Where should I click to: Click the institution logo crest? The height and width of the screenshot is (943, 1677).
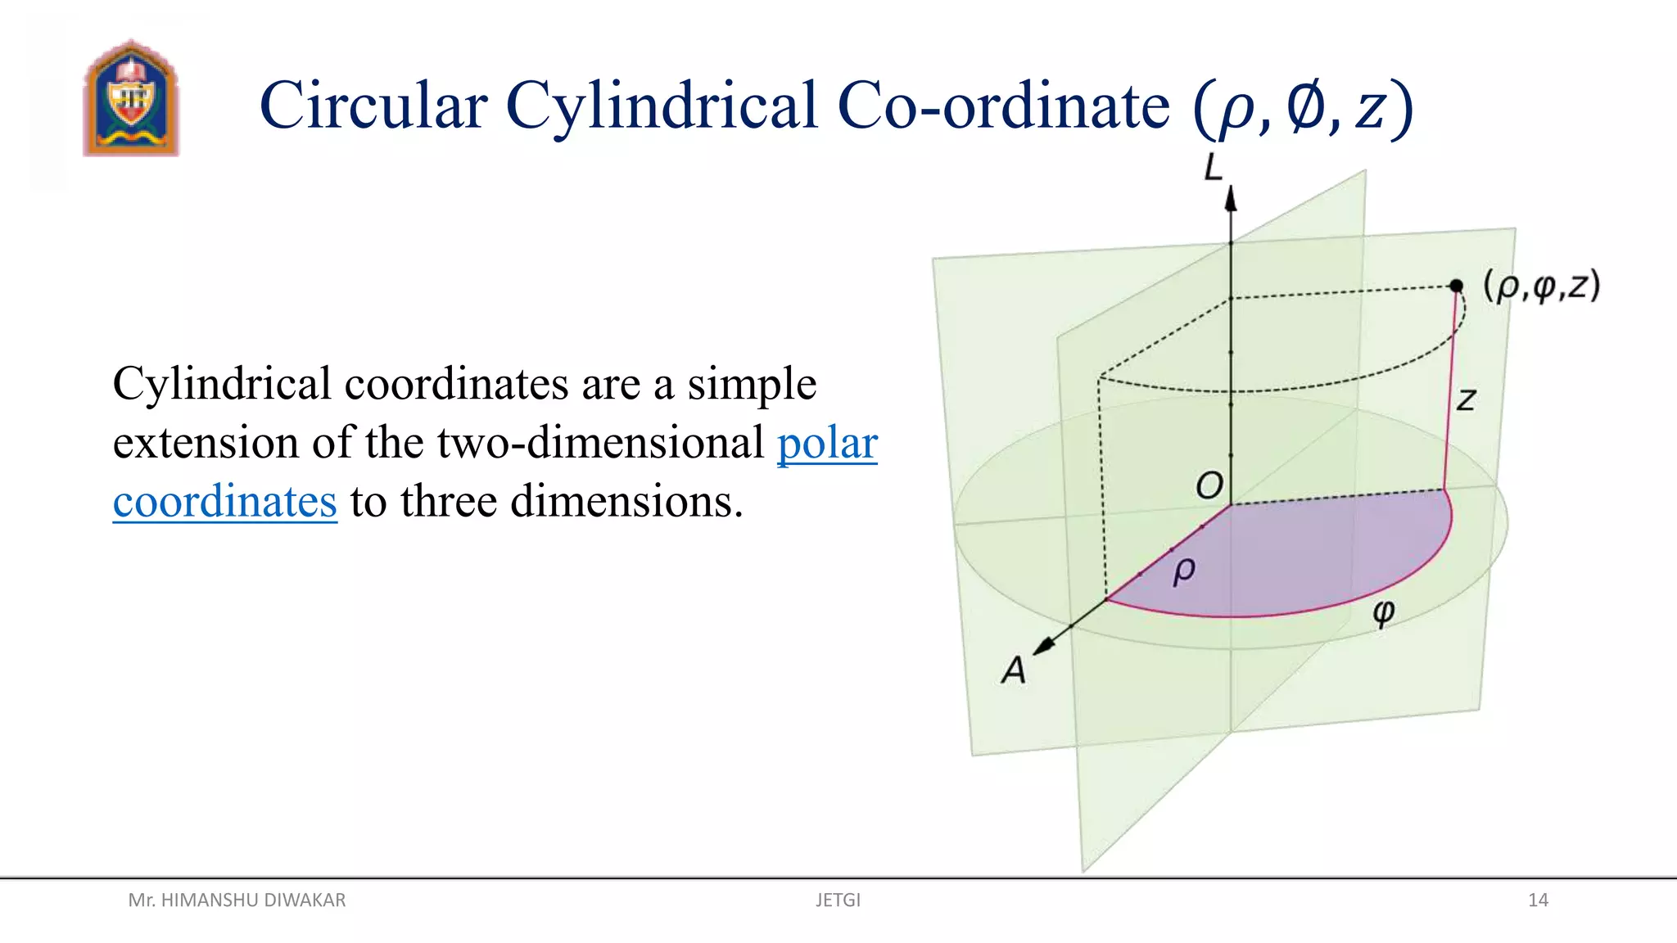(x=130, y=98)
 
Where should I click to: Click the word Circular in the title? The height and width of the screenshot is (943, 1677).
(x=373, y=106)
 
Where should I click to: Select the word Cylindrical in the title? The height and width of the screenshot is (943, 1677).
(x=662, y=106)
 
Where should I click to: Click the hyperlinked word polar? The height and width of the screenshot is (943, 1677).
(x=827, y=443)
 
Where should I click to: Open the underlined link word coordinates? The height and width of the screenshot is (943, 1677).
(x=225, y=501)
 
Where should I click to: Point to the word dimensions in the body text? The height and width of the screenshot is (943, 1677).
(x=626, y=501)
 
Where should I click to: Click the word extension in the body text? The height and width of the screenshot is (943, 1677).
(x=205, y=443)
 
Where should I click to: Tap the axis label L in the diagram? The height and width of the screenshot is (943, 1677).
(x=1213, y=169)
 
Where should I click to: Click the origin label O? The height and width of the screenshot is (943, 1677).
(x=1209, y=485)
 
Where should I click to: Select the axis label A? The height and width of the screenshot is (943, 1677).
(x=1014, y=670)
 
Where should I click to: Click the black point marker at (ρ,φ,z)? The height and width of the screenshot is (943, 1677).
(x=1456, y=286)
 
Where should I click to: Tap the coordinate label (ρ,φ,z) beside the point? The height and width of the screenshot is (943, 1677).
(x=1542, y=287)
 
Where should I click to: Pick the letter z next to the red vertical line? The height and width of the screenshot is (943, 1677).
(x=1466, y=400)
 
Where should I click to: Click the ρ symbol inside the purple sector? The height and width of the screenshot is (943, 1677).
(x=1184, y=571)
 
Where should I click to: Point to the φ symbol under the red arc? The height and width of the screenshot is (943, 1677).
(x=1384, y=611)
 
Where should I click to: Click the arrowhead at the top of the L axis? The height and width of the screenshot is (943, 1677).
(x=1231, y=199)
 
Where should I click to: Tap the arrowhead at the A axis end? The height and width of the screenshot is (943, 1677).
(x=1044, y=645)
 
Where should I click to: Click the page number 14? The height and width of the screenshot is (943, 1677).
(x=1538, y=900)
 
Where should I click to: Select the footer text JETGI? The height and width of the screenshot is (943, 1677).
(x=838, y=900)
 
